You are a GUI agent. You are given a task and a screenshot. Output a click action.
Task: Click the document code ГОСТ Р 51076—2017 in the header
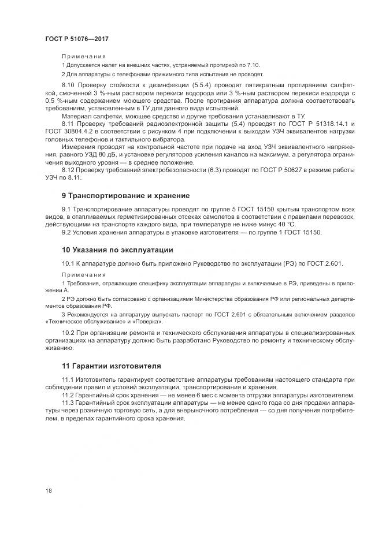[x=77, y=39]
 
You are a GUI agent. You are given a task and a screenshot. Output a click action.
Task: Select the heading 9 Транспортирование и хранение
[x=125, y=196]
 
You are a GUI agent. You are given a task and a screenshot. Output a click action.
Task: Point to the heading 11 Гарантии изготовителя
[x=112, y=366]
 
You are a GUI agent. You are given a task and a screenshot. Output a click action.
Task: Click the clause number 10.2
[x=68, y=334]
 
